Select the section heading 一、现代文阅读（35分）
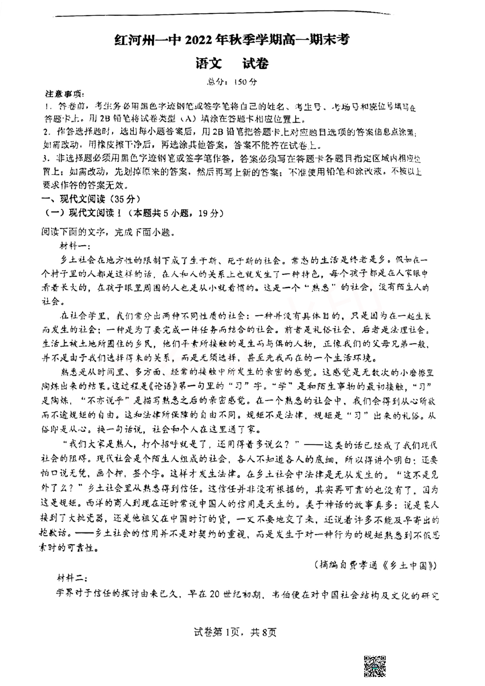pos(91,199)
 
